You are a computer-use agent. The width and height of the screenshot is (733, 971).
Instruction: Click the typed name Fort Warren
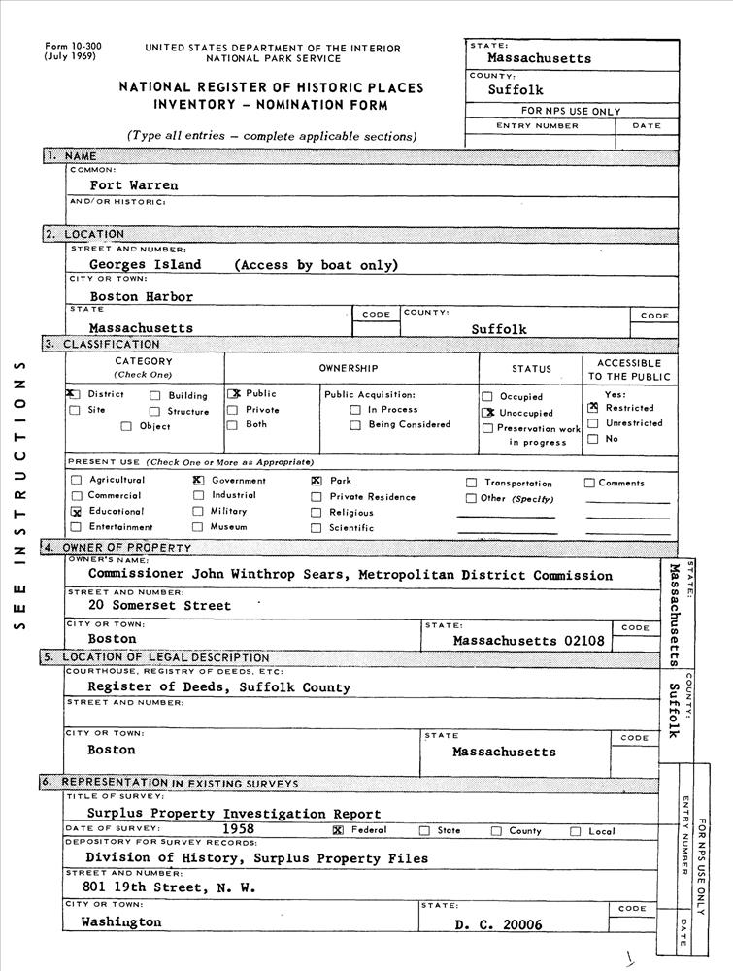133,184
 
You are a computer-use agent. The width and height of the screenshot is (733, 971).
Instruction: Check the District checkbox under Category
74,395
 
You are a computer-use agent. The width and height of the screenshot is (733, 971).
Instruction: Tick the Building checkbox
155,396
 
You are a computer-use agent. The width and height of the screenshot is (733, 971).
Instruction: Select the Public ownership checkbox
233,394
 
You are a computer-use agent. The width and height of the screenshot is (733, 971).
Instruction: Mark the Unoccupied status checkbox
487,413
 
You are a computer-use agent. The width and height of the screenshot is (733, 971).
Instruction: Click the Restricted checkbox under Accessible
592,408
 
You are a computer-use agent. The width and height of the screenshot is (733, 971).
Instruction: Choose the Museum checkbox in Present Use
198,527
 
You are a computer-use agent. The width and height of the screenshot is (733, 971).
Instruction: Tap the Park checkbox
317,481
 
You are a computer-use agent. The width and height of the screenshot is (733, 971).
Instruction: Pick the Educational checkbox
76,511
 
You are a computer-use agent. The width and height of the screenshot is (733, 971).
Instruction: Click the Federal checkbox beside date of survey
338,830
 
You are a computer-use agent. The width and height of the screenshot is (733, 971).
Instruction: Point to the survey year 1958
239,829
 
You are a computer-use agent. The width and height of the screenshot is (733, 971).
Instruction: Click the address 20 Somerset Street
159,606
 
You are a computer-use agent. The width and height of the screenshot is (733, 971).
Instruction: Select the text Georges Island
146,264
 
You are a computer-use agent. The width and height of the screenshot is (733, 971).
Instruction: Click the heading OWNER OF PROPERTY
127,548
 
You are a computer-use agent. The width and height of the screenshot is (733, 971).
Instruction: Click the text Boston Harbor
142,296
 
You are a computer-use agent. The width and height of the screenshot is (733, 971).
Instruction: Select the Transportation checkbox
472,483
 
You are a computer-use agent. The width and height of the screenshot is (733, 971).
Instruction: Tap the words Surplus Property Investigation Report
234,814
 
